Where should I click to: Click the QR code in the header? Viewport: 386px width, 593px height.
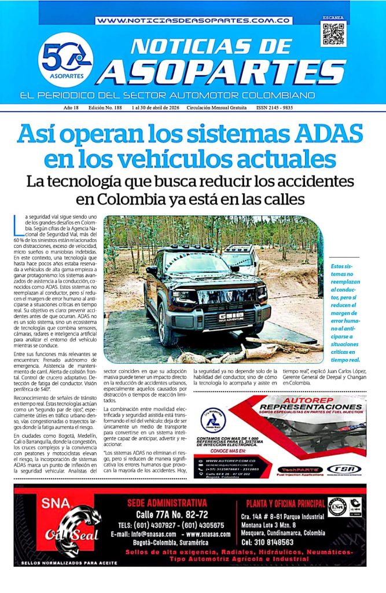pyautogui.click(x=333, y=34)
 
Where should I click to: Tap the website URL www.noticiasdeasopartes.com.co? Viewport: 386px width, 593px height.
pyautogui.click(x=193, y=20)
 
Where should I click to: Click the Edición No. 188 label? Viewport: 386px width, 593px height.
pyautogui.click(x=107, y=108)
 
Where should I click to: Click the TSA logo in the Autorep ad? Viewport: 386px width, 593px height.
pyautogui.click(x=344, y=469)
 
